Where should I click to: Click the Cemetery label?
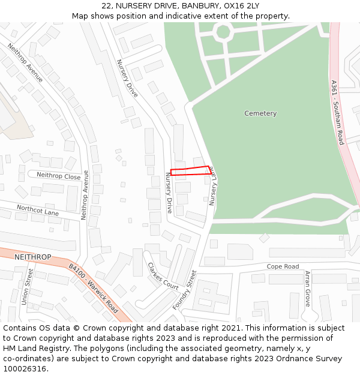pos(260,113)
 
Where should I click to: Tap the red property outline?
pos(190,171)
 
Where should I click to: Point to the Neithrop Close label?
pos(58,176)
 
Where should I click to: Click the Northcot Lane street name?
pos(37,209)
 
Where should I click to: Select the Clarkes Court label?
pos(163,277)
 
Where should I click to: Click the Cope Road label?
pos(283,266)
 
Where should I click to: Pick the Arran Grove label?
pos(307,289)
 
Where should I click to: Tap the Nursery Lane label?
pos(213,187)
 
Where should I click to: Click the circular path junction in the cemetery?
pos(223,32)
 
